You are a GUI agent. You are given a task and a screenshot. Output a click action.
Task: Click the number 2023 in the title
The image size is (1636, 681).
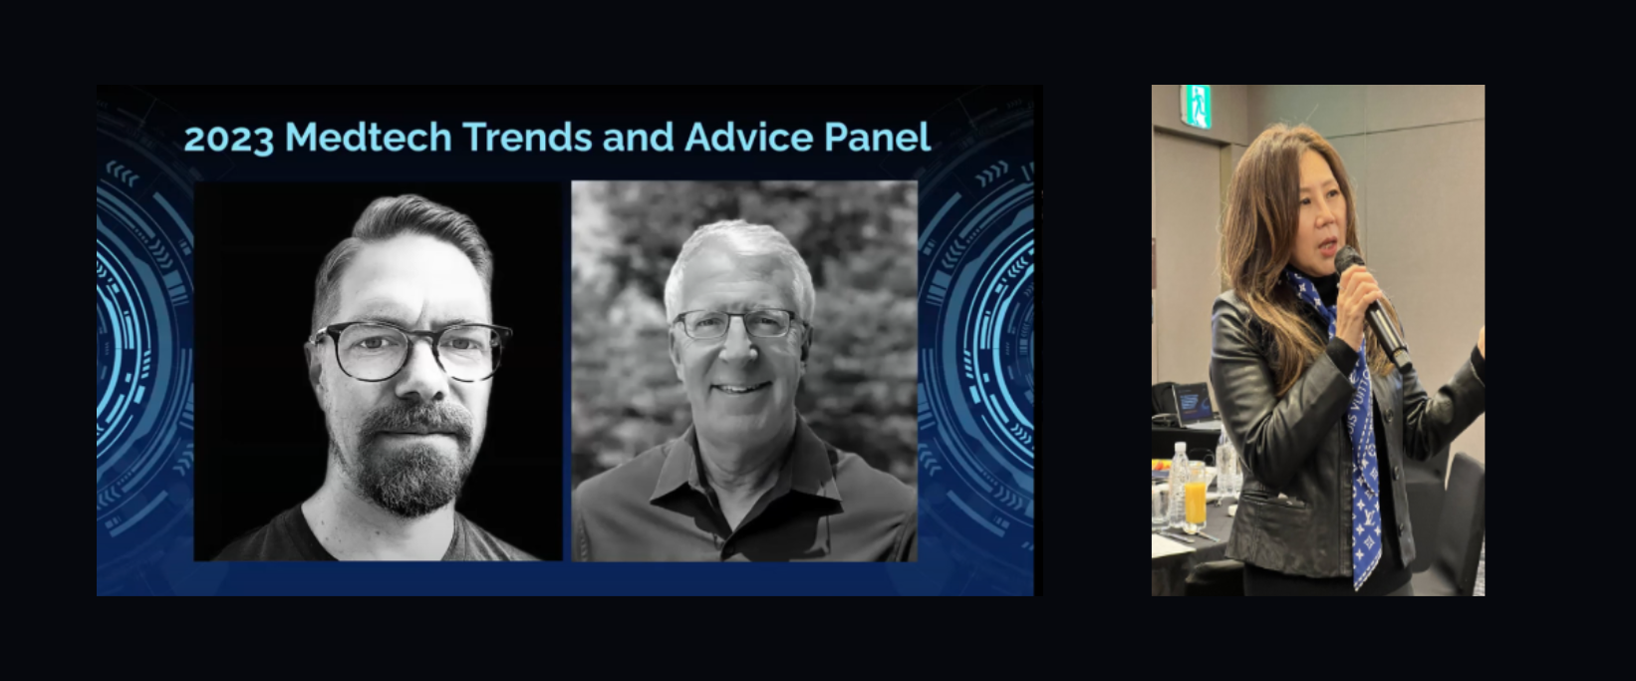pyautogui.click(x=228, y=139)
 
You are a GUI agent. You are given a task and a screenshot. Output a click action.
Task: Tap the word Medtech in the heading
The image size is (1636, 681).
pyautogui.click(x=368, y=137)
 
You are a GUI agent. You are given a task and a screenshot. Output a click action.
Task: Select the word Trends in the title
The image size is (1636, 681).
pyautogui.click(x=529, y=137)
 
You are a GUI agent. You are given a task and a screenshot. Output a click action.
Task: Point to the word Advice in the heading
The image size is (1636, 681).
pyautogui.click(x=748, y=137)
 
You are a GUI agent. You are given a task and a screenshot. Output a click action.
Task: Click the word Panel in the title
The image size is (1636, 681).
pyautogui.click(x=877, y=137)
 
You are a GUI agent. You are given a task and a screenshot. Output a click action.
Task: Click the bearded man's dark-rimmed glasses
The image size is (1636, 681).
pyautogui.click(x=411, y=351)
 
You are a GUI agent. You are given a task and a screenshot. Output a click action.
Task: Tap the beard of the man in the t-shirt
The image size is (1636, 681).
pyautogui.click(x=413, y=457)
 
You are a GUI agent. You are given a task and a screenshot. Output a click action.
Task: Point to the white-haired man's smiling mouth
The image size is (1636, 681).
pyautogui.click(x=741, y=387)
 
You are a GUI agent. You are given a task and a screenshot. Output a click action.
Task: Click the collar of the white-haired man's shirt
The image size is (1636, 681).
pyautogui.click(x=745, y=468)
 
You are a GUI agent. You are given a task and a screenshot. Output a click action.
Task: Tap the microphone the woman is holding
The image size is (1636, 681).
pyautogui.click(x=1372, y=307)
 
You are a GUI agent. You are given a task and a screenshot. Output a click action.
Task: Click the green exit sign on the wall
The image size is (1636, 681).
pyautogui.click(x=1198, y=106)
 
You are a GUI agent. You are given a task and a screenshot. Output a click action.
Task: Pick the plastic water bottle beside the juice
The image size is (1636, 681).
pyautogui.click(x=1178, y=485)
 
